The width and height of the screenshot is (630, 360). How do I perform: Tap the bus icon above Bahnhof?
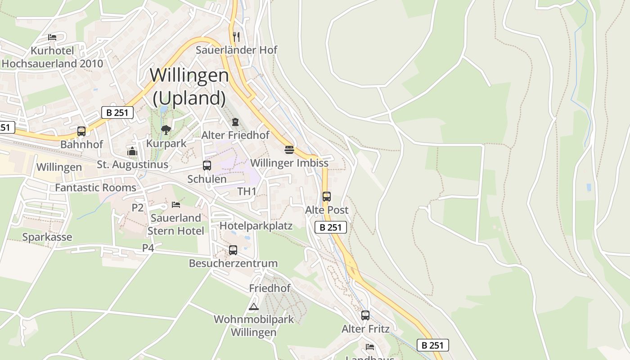click(81, 131)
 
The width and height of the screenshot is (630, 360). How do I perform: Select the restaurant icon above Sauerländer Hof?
click(236, 36)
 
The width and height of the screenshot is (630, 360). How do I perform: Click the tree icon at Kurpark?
click(166, 130)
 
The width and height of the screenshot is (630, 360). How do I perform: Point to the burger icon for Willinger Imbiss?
click(289, 149)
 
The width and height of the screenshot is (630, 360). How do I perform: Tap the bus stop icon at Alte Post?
click(327, 197)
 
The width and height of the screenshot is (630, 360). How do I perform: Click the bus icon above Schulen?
click(207, 166)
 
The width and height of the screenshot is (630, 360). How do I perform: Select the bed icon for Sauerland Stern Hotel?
click(176, 205)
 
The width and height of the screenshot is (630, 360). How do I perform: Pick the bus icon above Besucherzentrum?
click(233, 250)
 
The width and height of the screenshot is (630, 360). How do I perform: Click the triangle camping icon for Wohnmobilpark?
click(254, 307)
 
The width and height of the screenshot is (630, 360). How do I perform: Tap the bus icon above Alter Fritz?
click(365, 315)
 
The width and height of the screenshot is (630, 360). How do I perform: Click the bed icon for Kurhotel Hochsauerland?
click(52, 37)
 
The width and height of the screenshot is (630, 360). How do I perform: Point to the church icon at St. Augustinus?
click(132, 151)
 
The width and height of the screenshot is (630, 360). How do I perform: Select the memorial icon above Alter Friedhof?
click(235, 122)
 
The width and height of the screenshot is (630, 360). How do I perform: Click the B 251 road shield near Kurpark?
click(117, 112)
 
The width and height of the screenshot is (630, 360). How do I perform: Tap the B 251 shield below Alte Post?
click(331, 227)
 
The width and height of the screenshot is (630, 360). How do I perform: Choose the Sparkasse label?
click(47, 237)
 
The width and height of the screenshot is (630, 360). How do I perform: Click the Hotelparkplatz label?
click(256, 226)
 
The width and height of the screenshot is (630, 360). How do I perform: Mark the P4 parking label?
click(148, 248)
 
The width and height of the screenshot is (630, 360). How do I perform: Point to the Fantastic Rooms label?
click(95, 188)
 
